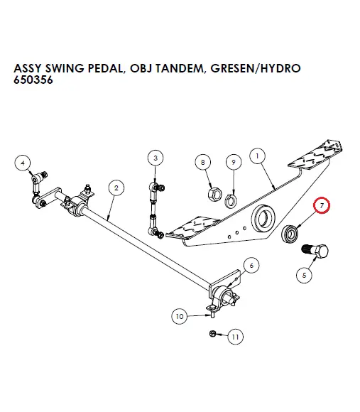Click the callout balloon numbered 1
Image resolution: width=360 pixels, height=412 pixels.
tap(256, 155)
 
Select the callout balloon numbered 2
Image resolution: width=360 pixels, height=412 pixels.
tap(115, 188)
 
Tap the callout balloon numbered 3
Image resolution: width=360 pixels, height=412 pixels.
tap(156, 157)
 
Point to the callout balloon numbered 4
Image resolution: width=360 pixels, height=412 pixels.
tap(23, 163)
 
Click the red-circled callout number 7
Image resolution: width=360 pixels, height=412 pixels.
tap(322, 206)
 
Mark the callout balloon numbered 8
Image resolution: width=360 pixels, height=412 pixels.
tap(204, 163)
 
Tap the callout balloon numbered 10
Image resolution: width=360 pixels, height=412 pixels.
tap(180, 315)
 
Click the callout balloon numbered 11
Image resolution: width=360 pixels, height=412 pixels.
tap(235, 336)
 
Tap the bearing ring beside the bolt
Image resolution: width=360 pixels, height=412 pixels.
tap(290, 232)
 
